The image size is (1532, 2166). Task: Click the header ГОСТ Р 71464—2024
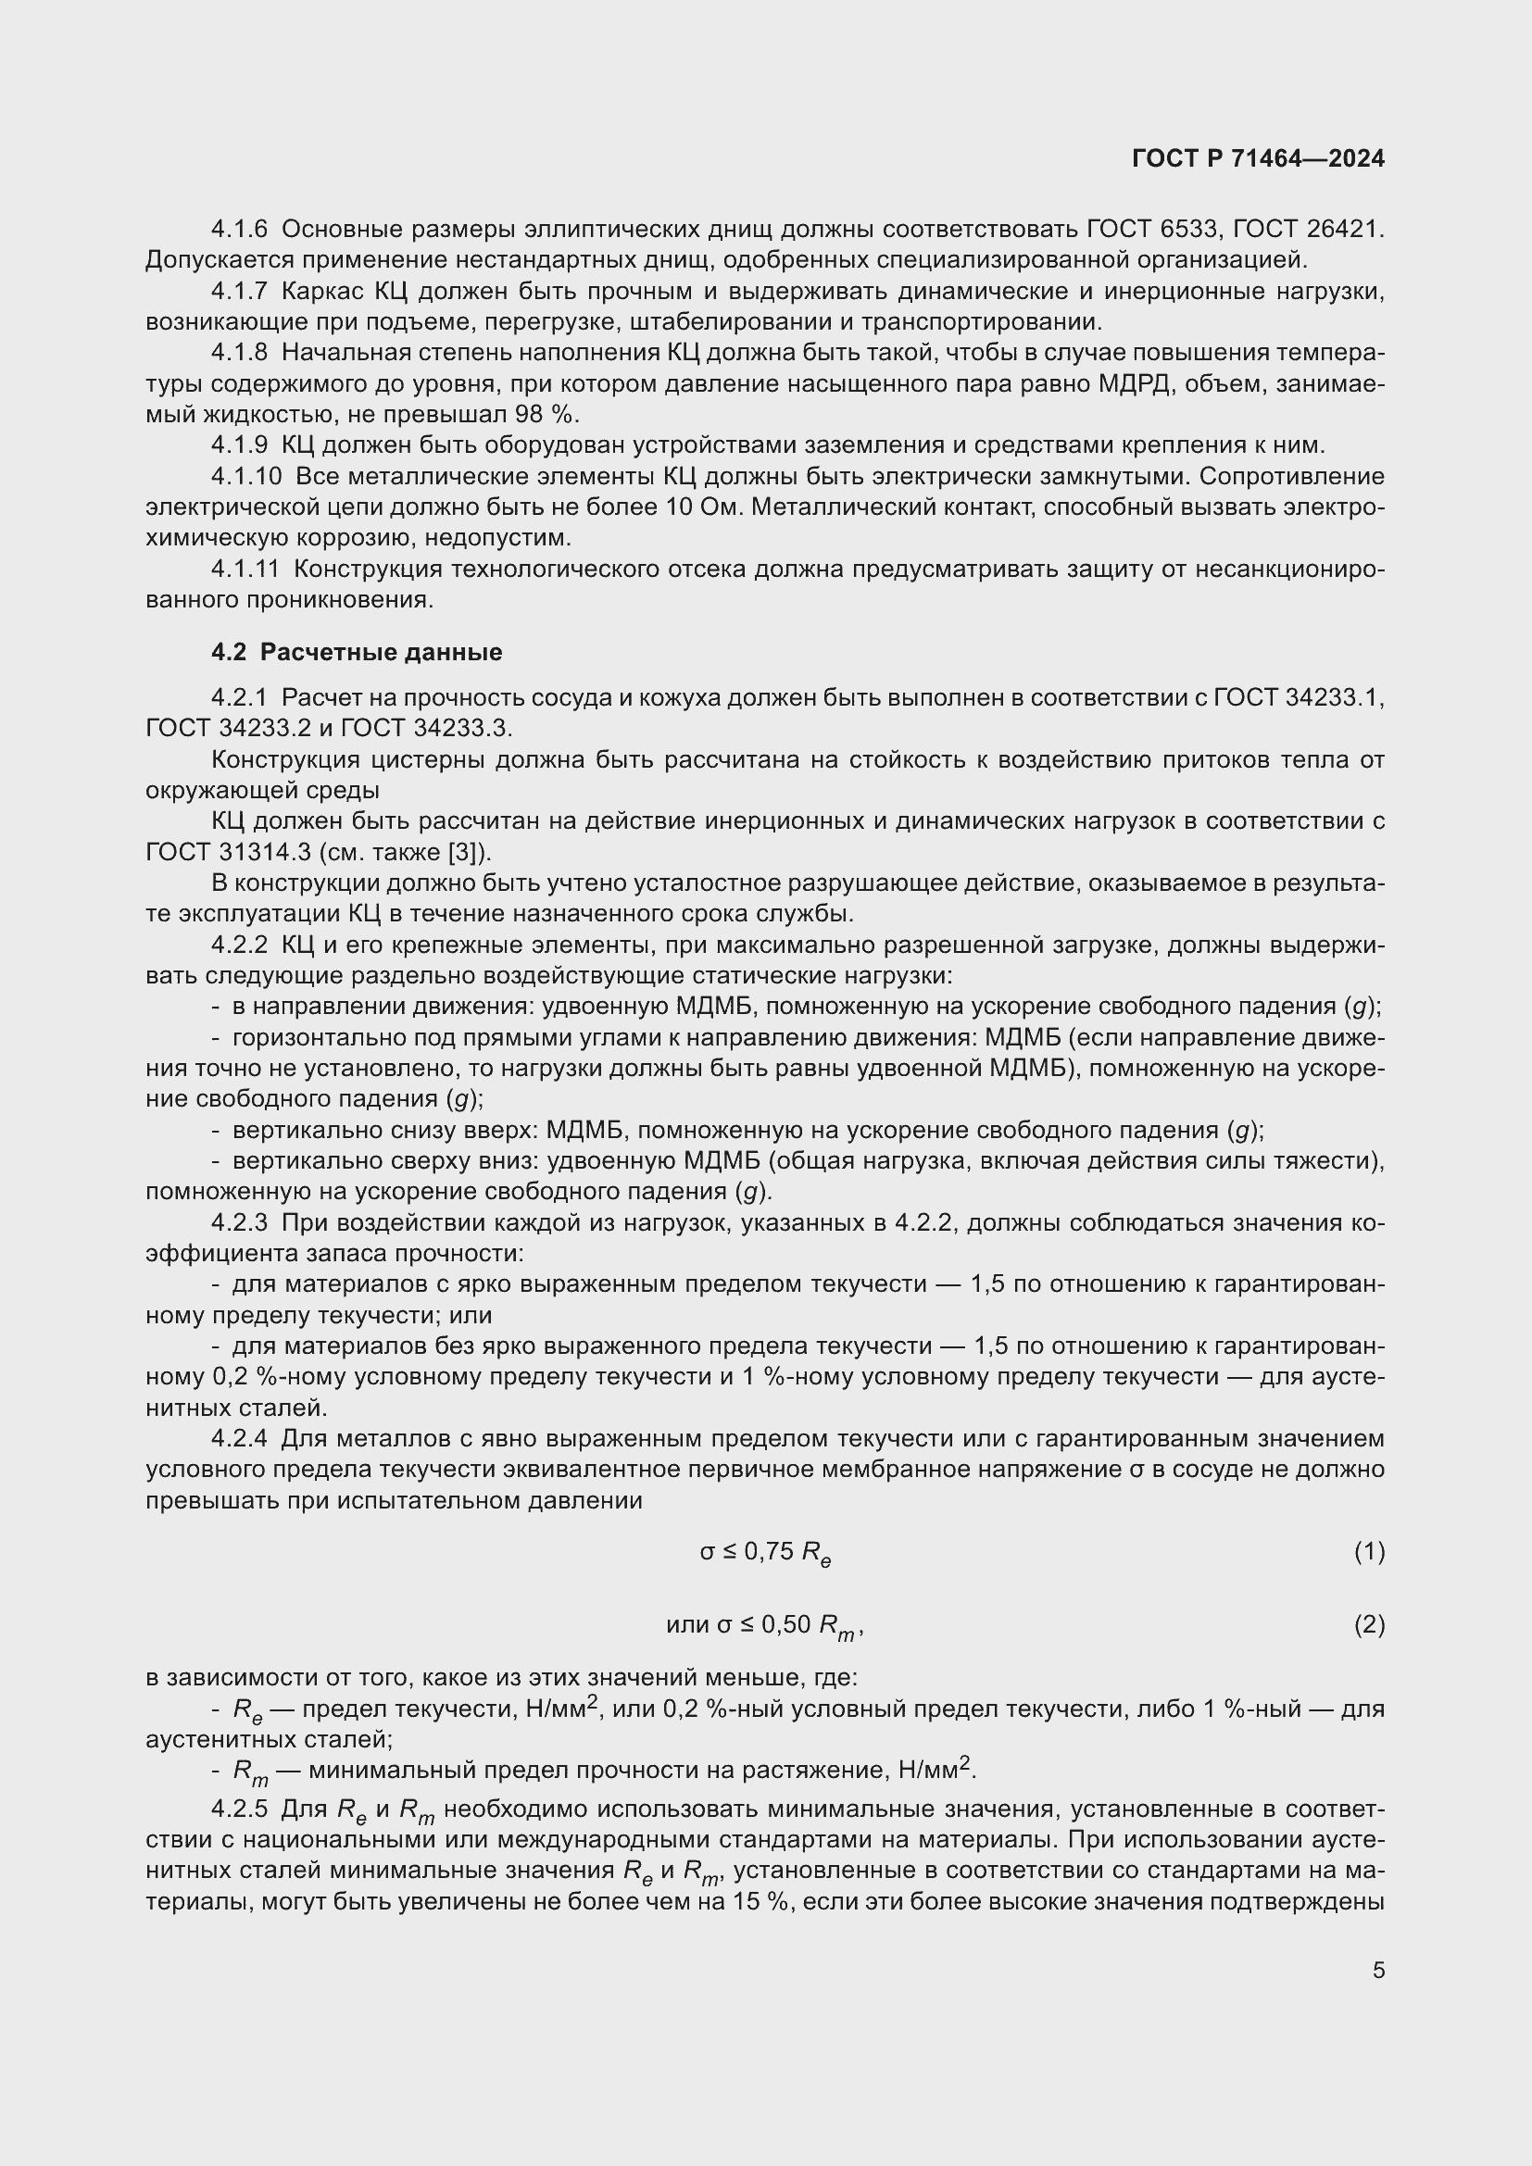coord(1258,158)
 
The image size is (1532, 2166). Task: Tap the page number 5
coord(1378,1971)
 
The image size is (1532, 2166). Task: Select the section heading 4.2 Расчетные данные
coord(357,652)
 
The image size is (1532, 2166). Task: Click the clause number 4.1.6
coord(240,229)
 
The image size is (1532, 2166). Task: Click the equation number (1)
coord(1369,1551)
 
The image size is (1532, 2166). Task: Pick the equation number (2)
coord(1369,1624)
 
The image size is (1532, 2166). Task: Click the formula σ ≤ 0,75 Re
coord(765,1552)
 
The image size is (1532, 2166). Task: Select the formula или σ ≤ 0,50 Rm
coord(764,1625)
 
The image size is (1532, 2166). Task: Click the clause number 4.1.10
coord(246,476)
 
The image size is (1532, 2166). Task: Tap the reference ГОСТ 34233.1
coord(1299,697)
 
